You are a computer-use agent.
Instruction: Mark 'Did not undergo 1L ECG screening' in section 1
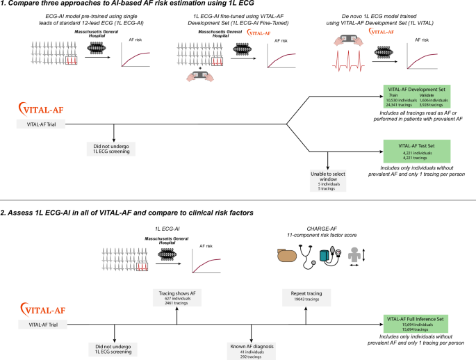coord(113,150)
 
